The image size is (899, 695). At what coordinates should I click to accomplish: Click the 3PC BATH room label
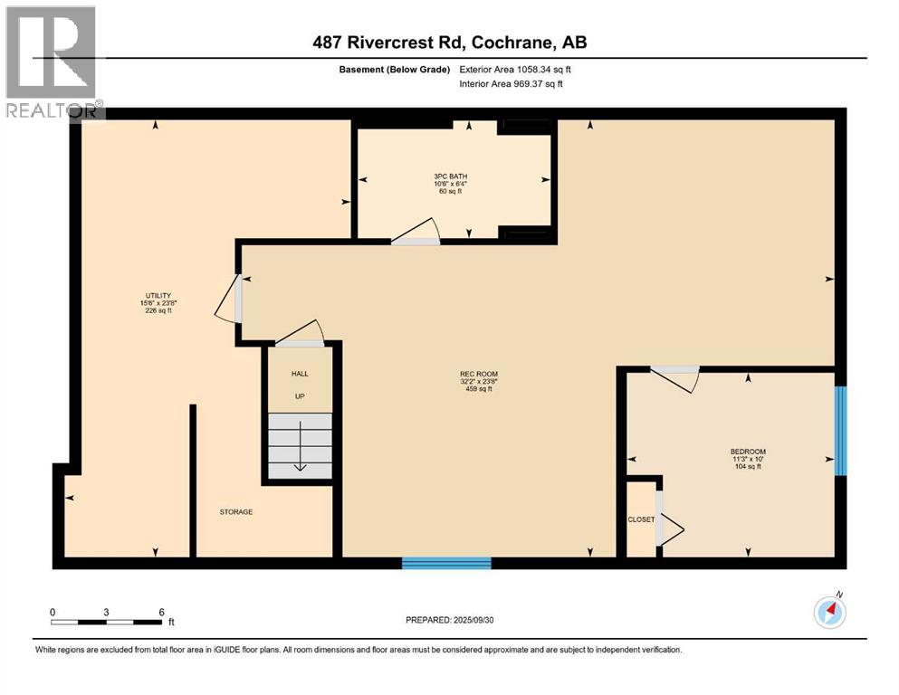click(449, 176)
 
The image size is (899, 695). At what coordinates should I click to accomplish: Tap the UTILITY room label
click(158, 296)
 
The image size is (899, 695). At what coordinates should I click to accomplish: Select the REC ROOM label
click(478, 374)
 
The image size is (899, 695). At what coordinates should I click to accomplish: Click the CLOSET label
click(641, 519)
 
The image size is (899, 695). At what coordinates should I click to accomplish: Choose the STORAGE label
click(235, 512)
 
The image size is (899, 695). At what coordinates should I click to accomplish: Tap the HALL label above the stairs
click(300, 374)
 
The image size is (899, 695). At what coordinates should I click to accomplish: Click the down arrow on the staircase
click(300, 466)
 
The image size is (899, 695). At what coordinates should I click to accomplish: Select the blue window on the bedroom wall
click(840, 431)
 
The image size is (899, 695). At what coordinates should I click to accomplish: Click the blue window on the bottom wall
click(446, 564)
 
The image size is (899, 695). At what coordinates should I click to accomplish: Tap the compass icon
click(829, 612)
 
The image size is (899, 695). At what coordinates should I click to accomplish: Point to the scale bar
click(106, 622)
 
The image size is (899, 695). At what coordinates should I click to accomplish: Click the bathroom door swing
click(416, 232)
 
